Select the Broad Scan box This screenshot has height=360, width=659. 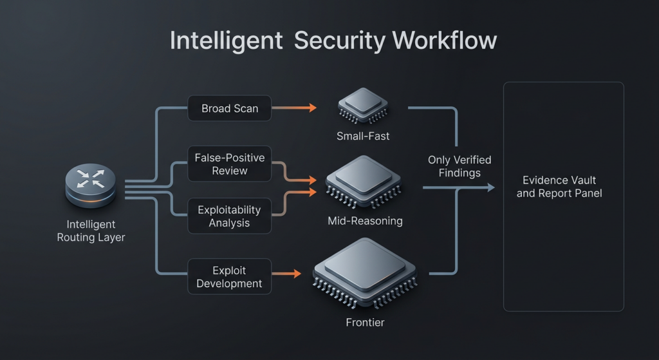[x=230, y=108]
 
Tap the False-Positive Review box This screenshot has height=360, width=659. [x=230, y=164]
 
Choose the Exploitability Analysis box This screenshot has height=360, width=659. [x=230, y=216]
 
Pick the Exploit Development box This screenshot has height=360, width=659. [x=230, y=276]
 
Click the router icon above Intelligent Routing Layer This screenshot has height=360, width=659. [x=91, y=185]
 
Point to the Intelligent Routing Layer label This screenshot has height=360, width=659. [x=91, y=231]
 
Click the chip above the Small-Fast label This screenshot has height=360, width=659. [x=363, y=105]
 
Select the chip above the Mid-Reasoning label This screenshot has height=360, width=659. [x=365, y=182]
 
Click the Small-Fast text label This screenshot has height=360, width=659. [x=363, y=137]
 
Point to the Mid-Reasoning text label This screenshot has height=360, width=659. [x=365, y=221]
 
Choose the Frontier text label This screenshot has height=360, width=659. [x=365, y=322]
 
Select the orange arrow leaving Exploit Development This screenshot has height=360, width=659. [x=287, y=274]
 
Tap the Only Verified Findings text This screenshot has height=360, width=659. [x=459, y=166]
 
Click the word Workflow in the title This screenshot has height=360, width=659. [x=445, y=41]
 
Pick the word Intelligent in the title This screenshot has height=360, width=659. [x=226, y=41]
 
